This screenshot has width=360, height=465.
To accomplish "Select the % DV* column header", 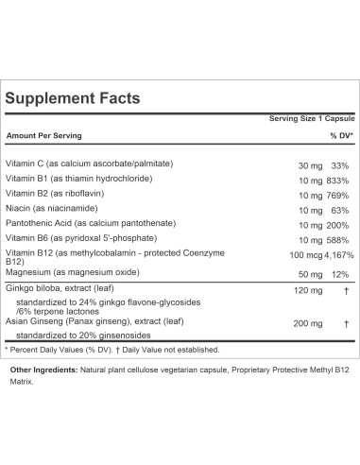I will (x=340, y=135).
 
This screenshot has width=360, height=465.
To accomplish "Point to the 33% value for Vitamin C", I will (x=341, y=166).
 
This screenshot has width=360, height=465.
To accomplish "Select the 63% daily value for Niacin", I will (x=341, y=212).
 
